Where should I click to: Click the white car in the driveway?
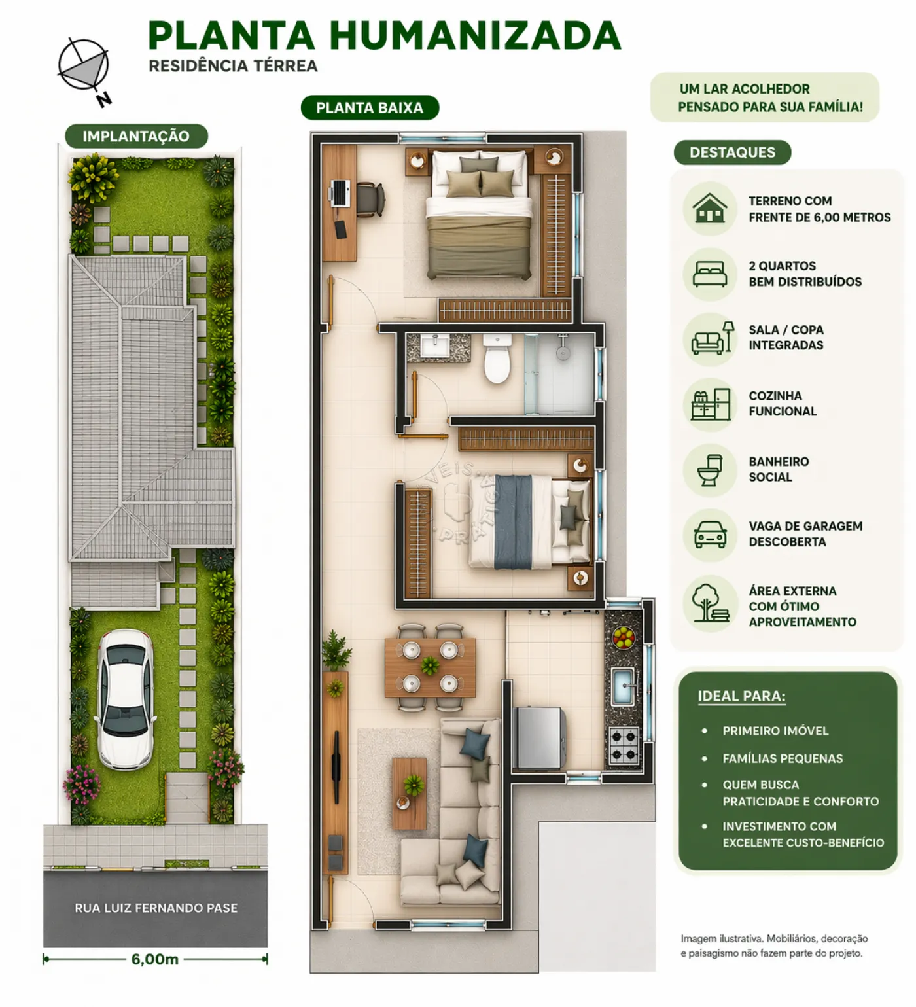[126, 699]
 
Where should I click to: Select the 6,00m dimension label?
[155, 959]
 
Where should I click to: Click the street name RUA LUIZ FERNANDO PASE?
[156, 908]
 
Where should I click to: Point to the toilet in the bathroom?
[497, 358]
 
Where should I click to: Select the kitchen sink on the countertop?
[623, 686]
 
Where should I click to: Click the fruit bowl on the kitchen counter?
[624, 636]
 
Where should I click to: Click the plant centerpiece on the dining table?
[430, 666]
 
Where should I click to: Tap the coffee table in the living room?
[409, 793]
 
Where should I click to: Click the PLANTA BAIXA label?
[370, 108]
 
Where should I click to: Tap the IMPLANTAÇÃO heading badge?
[136, 136]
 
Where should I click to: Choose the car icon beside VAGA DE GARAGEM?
[710, 534]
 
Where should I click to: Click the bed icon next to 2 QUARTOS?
[710, 274]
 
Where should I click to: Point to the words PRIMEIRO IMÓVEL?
[775, 731]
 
